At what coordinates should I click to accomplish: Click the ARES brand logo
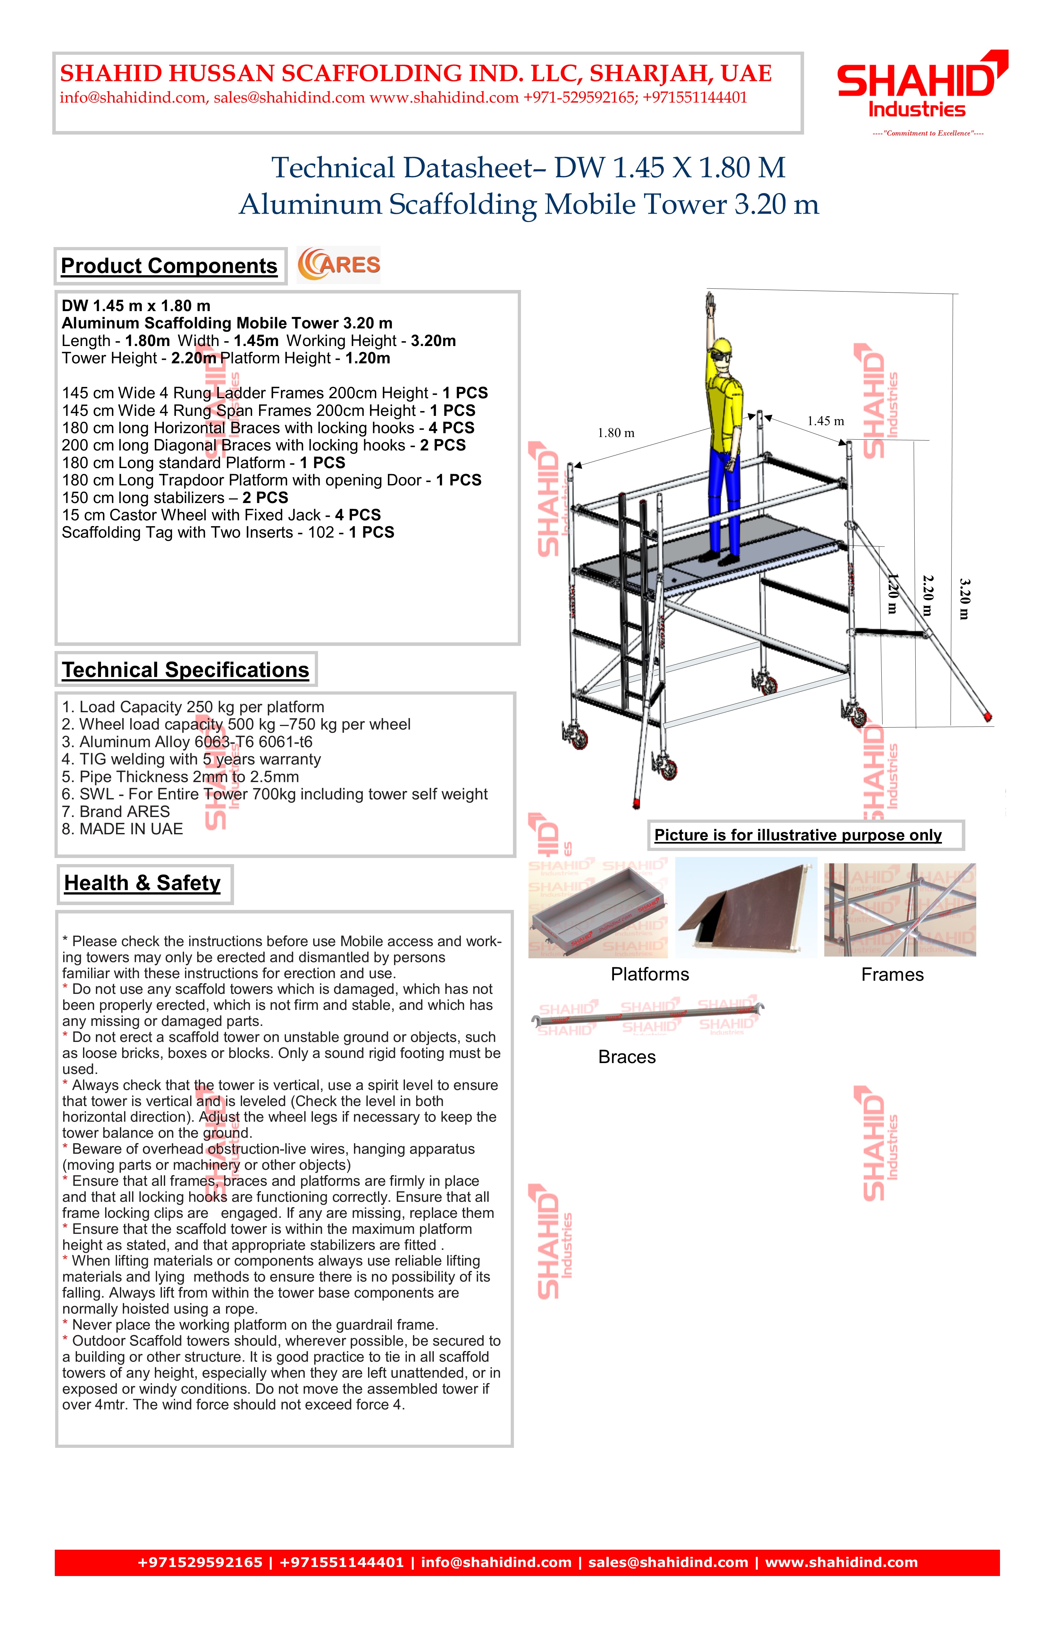[x=339, y=265]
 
